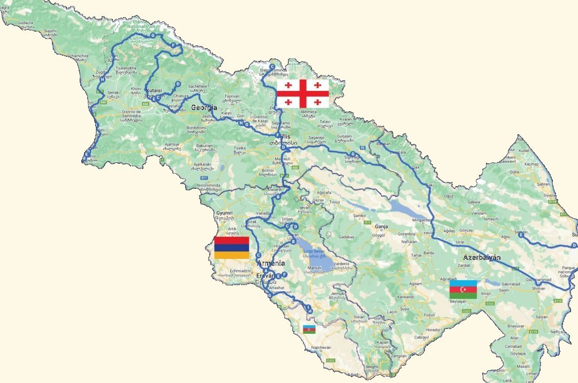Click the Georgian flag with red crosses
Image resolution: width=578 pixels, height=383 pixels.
302,94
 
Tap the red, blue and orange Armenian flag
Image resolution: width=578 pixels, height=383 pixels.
231,248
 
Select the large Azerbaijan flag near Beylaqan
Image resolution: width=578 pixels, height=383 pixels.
463,289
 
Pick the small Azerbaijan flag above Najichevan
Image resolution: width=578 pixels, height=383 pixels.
309,330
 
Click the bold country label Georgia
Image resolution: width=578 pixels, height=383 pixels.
204,108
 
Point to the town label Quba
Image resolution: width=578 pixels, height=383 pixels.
514,172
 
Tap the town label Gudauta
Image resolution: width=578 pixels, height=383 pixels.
25,23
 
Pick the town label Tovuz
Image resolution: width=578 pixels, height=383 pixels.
336,202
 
